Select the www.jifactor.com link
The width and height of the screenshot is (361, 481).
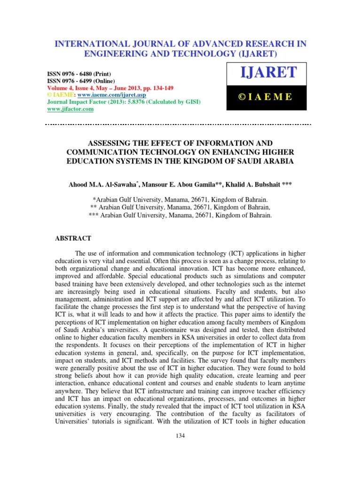[71, 109]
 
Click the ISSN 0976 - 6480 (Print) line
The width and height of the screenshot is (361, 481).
[79, 74]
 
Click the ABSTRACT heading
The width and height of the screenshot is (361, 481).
[73, 239]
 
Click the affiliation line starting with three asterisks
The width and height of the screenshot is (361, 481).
[180, 215]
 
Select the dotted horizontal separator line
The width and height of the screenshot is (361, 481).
[178, 124]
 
